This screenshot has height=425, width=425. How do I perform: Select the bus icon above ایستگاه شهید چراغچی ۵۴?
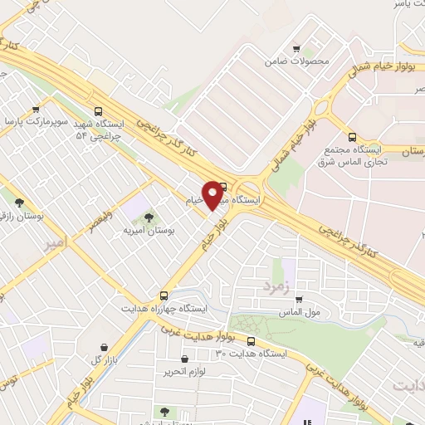tap(99, 110)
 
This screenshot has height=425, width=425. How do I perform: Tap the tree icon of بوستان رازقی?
tap(18, 202)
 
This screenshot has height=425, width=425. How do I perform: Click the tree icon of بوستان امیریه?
tap(149, 217)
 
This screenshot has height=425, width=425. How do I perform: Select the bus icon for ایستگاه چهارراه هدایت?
tap(164, 295)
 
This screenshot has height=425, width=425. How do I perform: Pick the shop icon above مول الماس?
tap(298, 300)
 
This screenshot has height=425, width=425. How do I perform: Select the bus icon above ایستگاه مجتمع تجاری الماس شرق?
tap(352, 137)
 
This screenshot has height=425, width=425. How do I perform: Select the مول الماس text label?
tap(300, 314)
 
